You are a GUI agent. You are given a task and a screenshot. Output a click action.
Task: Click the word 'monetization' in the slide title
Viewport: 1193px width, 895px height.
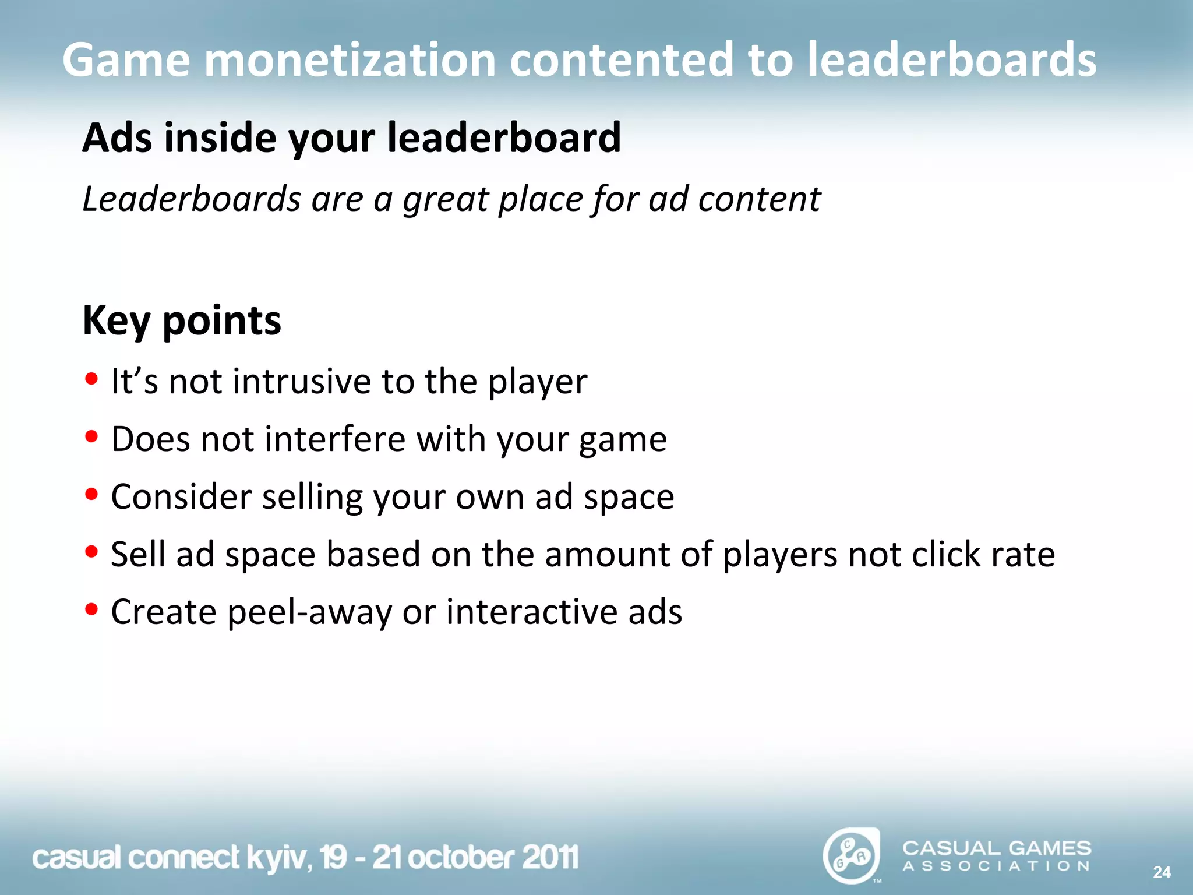click(350, 59)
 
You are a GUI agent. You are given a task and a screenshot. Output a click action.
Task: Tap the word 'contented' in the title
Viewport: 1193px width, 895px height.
click(621, 59)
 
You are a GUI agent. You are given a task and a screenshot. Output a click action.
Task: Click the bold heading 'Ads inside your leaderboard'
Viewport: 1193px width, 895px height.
click(351, 138)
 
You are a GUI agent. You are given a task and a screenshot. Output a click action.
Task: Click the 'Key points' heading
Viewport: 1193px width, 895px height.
click(182, 320)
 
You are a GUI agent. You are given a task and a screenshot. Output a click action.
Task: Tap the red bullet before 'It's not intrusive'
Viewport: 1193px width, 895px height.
click(91, 379)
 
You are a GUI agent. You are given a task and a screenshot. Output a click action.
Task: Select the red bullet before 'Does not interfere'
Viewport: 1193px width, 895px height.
click(91, 436)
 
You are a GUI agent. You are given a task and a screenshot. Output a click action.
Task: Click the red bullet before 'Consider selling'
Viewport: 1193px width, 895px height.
click(91, 494)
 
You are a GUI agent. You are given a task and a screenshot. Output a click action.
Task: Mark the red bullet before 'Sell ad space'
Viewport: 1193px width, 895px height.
click(91, 551)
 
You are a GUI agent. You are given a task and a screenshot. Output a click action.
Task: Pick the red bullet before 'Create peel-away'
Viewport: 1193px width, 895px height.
click(91, 609)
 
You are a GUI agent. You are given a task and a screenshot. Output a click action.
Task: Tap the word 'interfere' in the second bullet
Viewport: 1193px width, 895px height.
click(334, 439)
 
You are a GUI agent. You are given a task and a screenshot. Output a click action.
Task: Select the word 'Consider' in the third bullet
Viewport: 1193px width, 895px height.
click(181, 496)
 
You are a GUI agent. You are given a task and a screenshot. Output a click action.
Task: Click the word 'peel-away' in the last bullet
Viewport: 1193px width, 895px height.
click(309, 612)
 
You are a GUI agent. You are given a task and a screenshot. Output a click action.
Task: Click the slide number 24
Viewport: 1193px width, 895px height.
click(1162, 872)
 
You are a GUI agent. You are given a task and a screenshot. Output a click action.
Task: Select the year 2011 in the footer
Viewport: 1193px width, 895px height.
click(550, 858)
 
